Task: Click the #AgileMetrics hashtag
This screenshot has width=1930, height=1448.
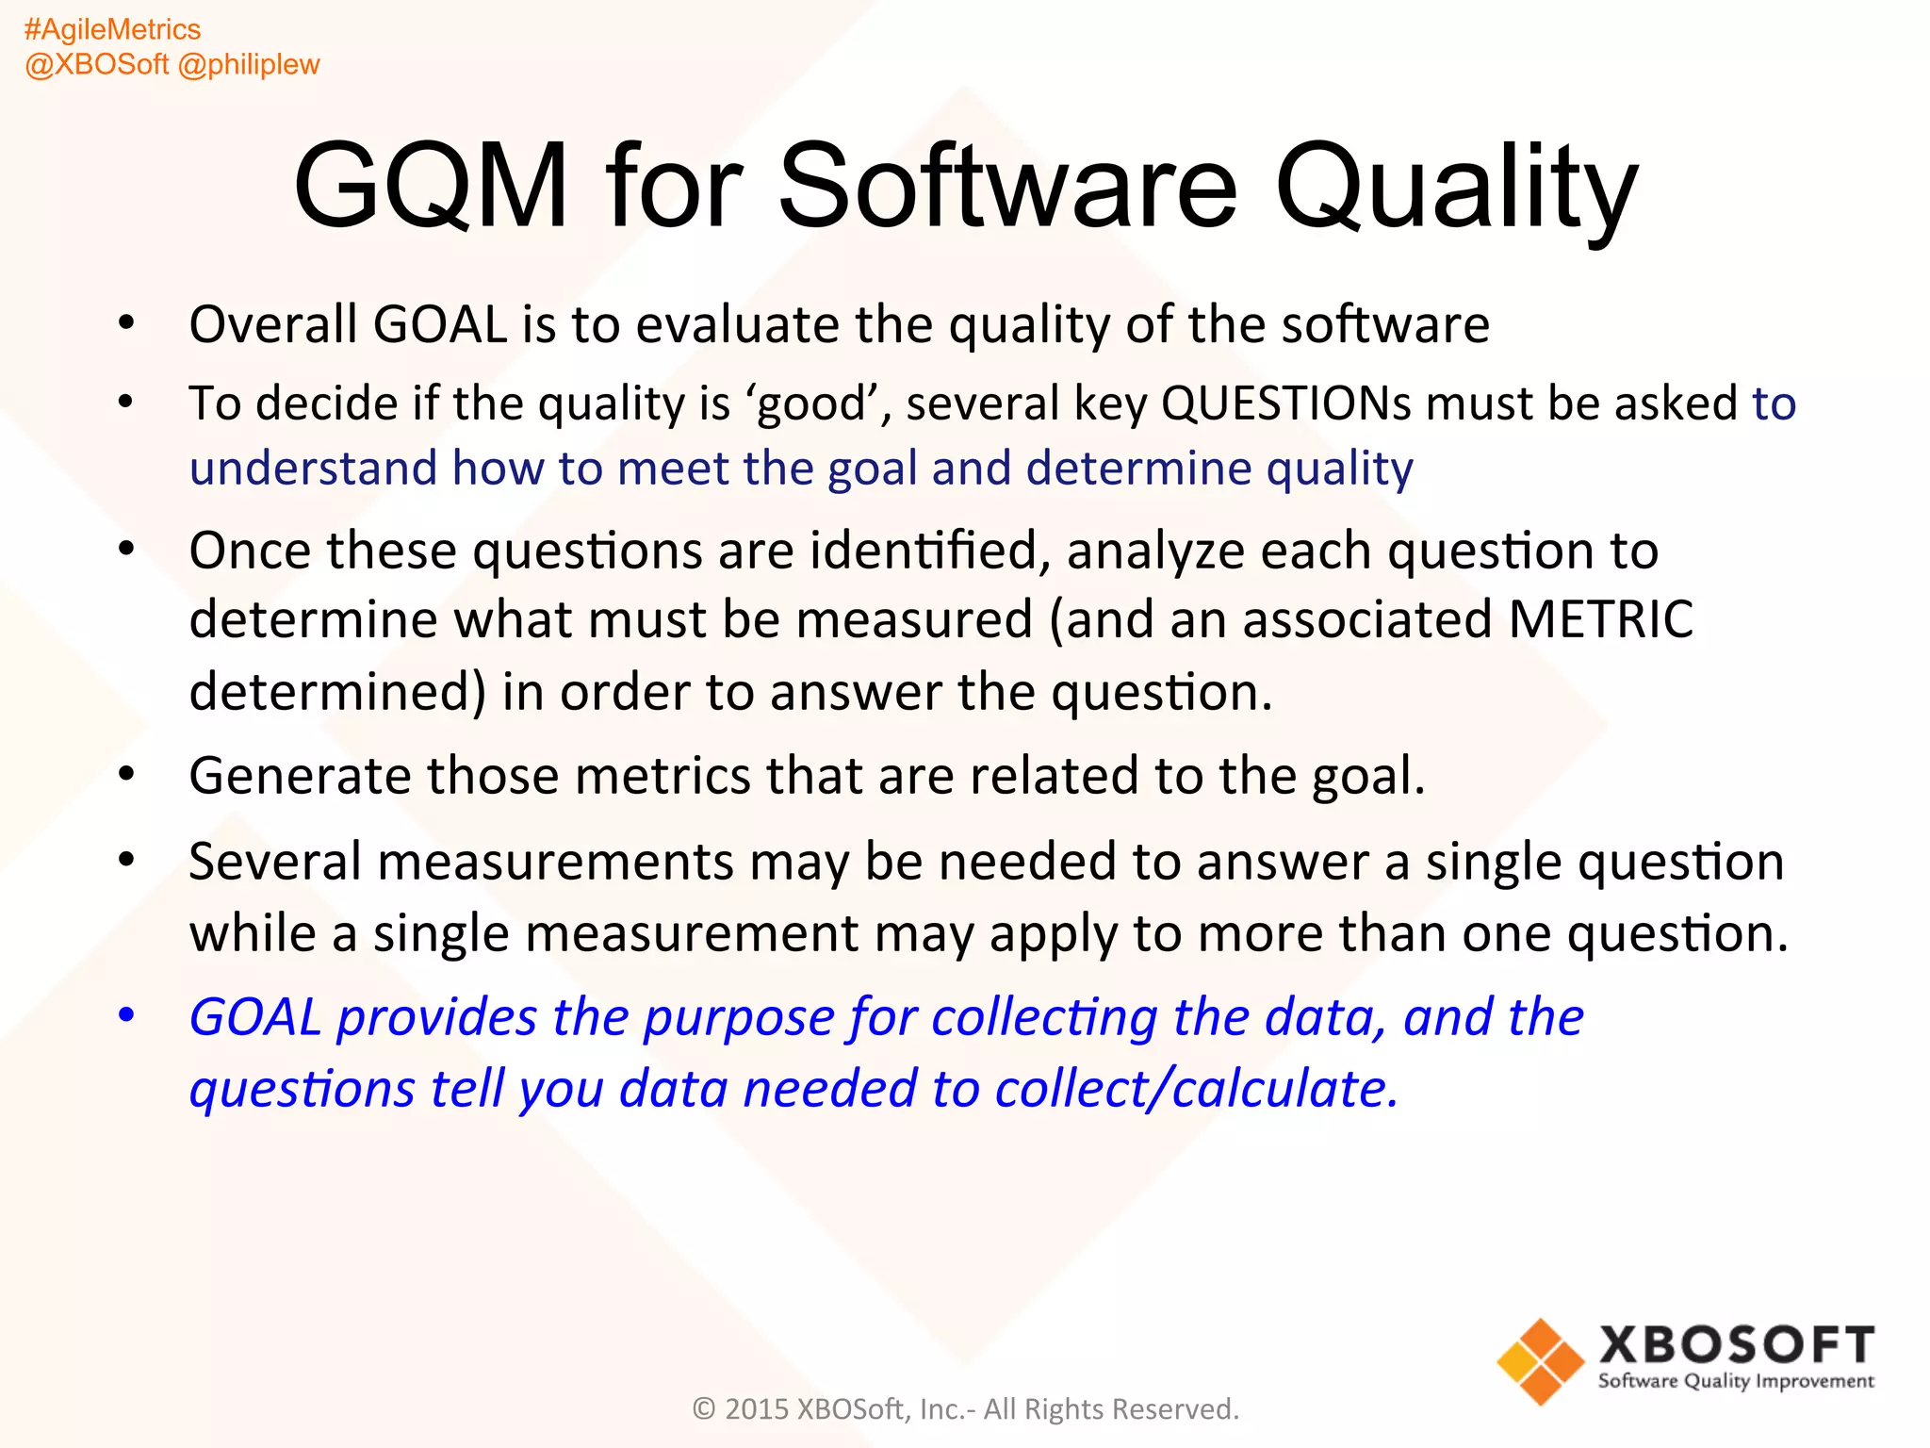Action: coord(112,30)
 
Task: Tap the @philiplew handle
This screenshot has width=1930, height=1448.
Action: coord(249,65)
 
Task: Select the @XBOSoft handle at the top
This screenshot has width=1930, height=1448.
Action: coord(97,65)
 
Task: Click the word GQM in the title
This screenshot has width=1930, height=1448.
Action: coord(432,186)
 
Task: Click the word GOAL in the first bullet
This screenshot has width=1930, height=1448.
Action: coord(440,325)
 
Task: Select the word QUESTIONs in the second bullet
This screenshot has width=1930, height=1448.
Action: coord(1285,403)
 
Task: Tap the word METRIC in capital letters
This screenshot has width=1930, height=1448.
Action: coord(1600,620)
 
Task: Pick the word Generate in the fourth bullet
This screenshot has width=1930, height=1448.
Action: coord(300,776)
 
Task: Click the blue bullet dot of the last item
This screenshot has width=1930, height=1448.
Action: coord(126,1016)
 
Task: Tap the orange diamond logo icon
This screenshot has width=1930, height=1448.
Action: coord(1540,1362)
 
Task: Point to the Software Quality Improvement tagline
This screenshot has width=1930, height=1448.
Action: coord(1736,1382)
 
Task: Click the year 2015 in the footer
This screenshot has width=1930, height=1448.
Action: coord(756,1409)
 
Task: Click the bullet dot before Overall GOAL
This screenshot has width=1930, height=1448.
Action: coord(126,324)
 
